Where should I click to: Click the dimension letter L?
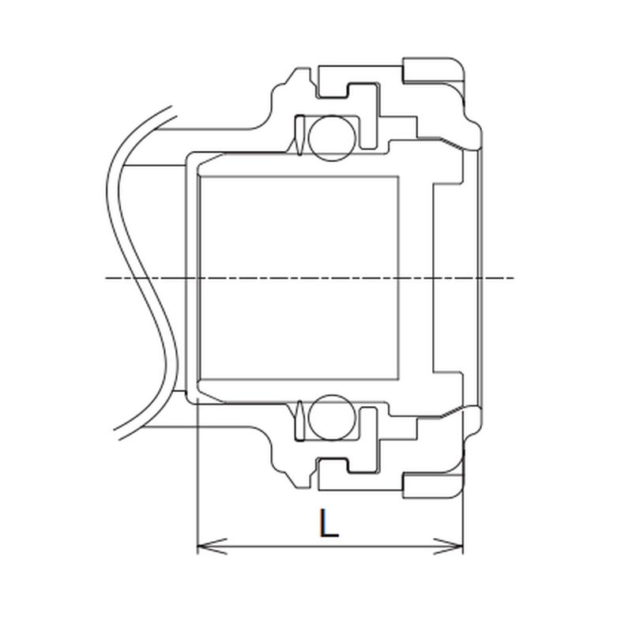pyautogui.click(x=329, y=524)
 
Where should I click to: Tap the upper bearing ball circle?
pyautogui.click(x=332, y=137)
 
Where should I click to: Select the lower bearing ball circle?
pyautogui.click(x=332, y=418)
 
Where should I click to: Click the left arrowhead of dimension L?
pyautogui.click(x=212, y=547)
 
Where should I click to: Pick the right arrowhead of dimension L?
pyautogui.click(x=448, y=547)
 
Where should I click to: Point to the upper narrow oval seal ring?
pyautogui.click(x=299, y=135)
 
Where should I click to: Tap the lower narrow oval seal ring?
pyautogui.click(x=299, y=420)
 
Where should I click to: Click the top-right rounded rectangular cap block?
pyautogui.click(x=433, y=70)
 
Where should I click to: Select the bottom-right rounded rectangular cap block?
pyautogui.click(x=433, y=485)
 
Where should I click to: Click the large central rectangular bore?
pyautogui.click(x=299, y=278)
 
